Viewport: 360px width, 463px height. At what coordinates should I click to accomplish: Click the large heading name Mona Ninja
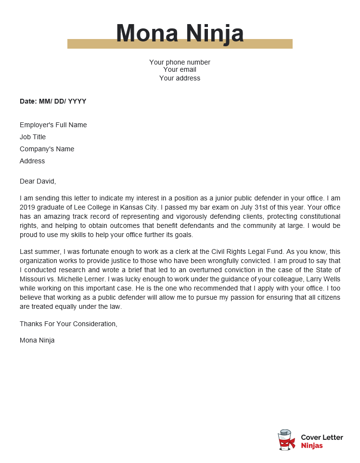coord(180,33)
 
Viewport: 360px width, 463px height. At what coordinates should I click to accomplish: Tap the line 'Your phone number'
coord(180,62)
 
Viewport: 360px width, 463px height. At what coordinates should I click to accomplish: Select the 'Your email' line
coord(180,70)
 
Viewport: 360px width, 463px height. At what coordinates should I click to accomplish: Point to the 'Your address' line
coord(180,78)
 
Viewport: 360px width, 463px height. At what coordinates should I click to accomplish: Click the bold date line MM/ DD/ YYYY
coord(53,101)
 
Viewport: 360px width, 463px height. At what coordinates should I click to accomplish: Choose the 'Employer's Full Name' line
coord(53,125)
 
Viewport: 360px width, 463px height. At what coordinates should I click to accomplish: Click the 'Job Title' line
coord(33,137)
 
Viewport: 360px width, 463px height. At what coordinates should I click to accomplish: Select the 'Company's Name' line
coord(47,149)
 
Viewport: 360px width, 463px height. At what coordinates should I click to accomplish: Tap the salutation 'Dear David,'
coord(38,181)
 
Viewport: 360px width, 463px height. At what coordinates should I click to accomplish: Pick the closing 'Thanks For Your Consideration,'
coord(68,324)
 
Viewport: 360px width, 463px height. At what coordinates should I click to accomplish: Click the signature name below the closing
coord(37,340)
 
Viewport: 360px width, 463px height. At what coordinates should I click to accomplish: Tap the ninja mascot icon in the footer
coord(286,440)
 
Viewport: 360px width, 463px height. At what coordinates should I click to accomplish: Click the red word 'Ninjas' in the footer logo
coord(312,446)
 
